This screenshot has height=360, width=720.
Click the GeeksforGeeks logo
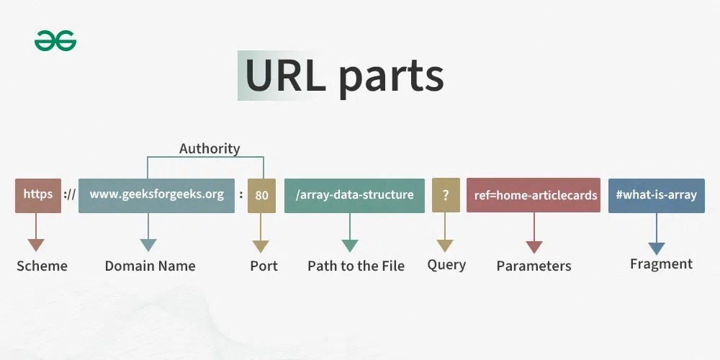click(55, 41)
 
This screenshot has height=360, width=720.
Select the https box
click(38, 195)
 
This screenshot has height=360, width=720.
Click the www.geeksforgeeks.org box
click(156, 195)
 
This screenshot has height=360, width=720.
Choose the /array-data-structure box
click(354, 195)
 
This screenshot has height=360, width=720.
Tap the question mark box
click(446, 195)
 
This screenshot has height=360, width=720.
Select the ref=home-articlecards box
click(533, 195)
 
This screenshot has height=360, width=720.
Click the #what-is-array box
click(656, 195)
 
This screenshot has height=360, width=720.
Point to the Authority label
click(210, 149)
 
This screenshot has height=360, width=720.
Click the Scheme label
click(42, 266)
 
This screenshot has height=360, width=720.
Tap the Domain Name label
click(150, 266)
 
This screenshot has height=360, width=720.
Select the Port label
click(264, 266)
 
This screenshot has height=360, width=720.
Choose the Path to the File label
click(356, 266)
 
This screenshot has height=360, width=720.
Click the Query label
click(446, 264)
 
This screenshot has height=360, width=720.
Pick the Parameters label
click(534, 266)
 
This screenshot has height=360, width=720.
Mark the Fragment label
click(661, 264)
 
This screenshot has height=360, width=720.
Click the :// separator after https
click(70, 195)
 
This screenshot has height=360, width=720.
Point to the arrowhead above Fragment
click(656, 248)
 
